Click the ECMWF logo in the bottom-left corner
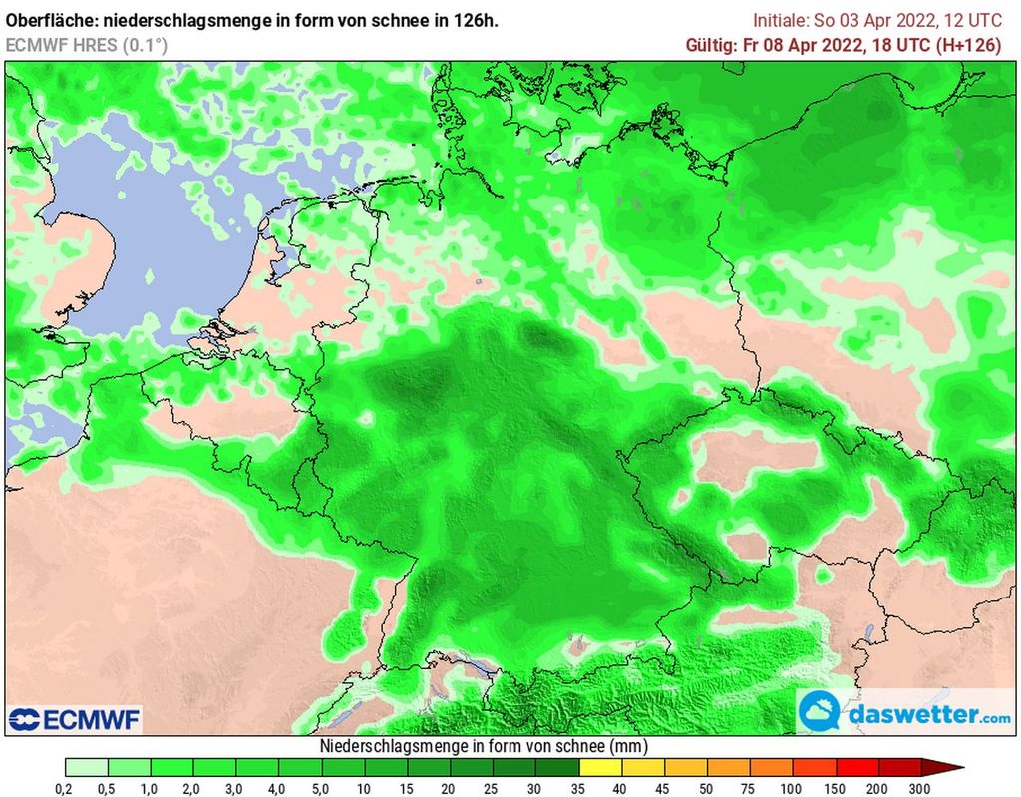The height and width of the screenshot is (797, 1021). click(x=75, y=719)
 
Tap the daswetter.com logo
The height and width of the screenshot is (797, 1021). click(x=905, y=713)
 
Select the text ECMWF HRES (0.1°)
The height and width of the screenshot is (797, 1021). click(x=87, y=45)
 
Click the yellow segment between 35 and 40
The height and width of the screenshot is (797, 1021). click(x=600, y=767)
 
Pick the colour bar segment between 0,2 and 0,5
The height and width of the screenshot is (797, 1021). click(x=87, y=767)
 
